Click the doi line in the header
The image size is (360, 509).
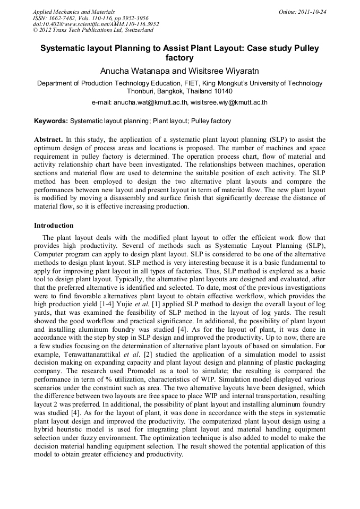point(96,24)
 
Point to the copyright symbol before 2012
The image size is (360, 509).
point(36,30)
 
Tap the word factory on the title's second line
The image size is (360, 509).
point(179,58)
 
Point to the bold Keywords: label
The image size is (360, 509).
point(51,121)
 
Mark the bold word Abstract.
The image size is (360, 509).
point(49,140)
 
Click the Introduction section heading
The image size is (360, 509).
point(54,226)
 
